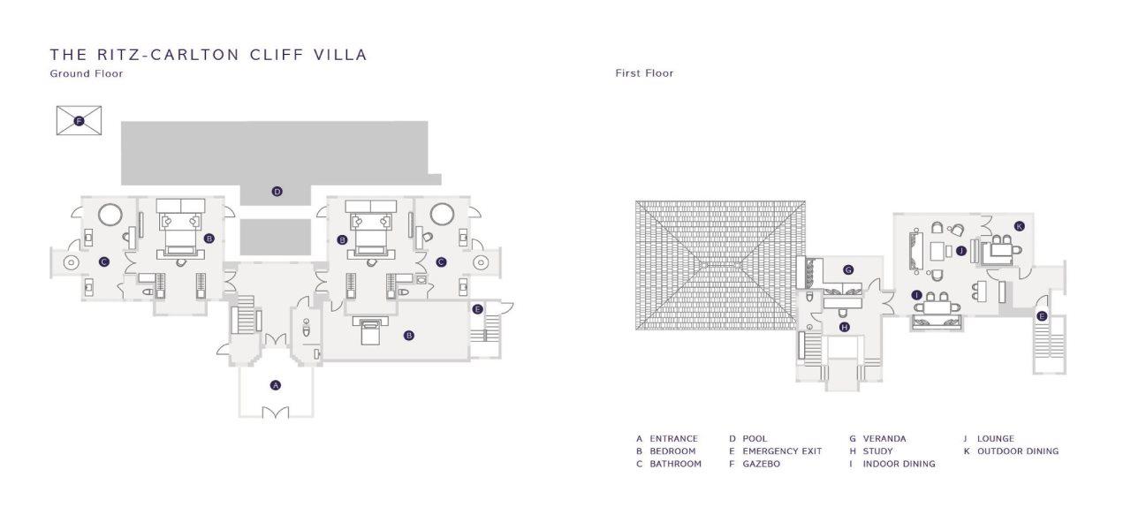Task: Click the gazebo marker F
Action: point(79,121)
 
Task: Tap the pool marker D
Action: point(277,192)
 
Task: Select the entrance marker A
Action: point(275,385)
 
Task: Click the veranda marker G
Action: point(848,270)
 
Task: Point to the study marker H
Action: point(844,327)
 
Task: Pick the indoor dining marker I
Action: point(917,295)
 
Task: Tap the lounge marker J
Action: point(960,250)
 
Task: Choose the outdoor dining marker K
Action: point(1019,226)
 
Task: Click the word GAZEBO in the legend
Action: point(761,464)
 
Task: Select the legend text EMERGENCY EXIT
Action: point(782,451)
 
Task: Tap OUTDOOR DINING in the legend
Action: point(1018,451)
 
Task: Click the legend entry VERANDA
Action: point(884,439)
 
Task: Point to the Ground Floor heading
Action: point(87,73)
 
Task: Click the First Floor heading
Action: point(644,73)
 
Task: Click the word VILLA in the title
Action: point(341,55)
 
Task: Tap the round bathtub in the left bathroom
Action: point(110,214)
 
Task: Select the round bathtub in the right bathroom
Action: point(443,214)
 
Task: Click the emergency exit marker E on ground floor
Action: point(477,309)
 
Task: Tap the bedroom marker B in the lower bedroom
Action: point(409,335)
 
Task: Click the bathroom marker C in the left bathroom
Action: point(104,261)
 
